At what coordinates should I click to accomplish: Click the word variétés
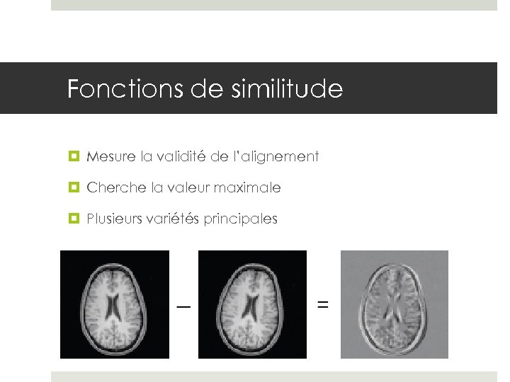[174, 219]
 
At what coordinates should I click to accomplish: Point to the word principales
[241, 219]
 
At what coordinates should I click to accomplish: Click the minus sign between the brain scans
[183, 307]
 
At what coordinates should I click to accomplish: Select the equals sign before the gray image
[323, 305]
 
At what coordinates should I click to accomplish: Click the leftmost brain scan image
[115, 304]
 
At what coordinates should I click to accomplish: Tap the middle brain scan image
[251, 304]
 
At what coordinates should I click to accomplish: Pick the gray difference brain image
[395, 304]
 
